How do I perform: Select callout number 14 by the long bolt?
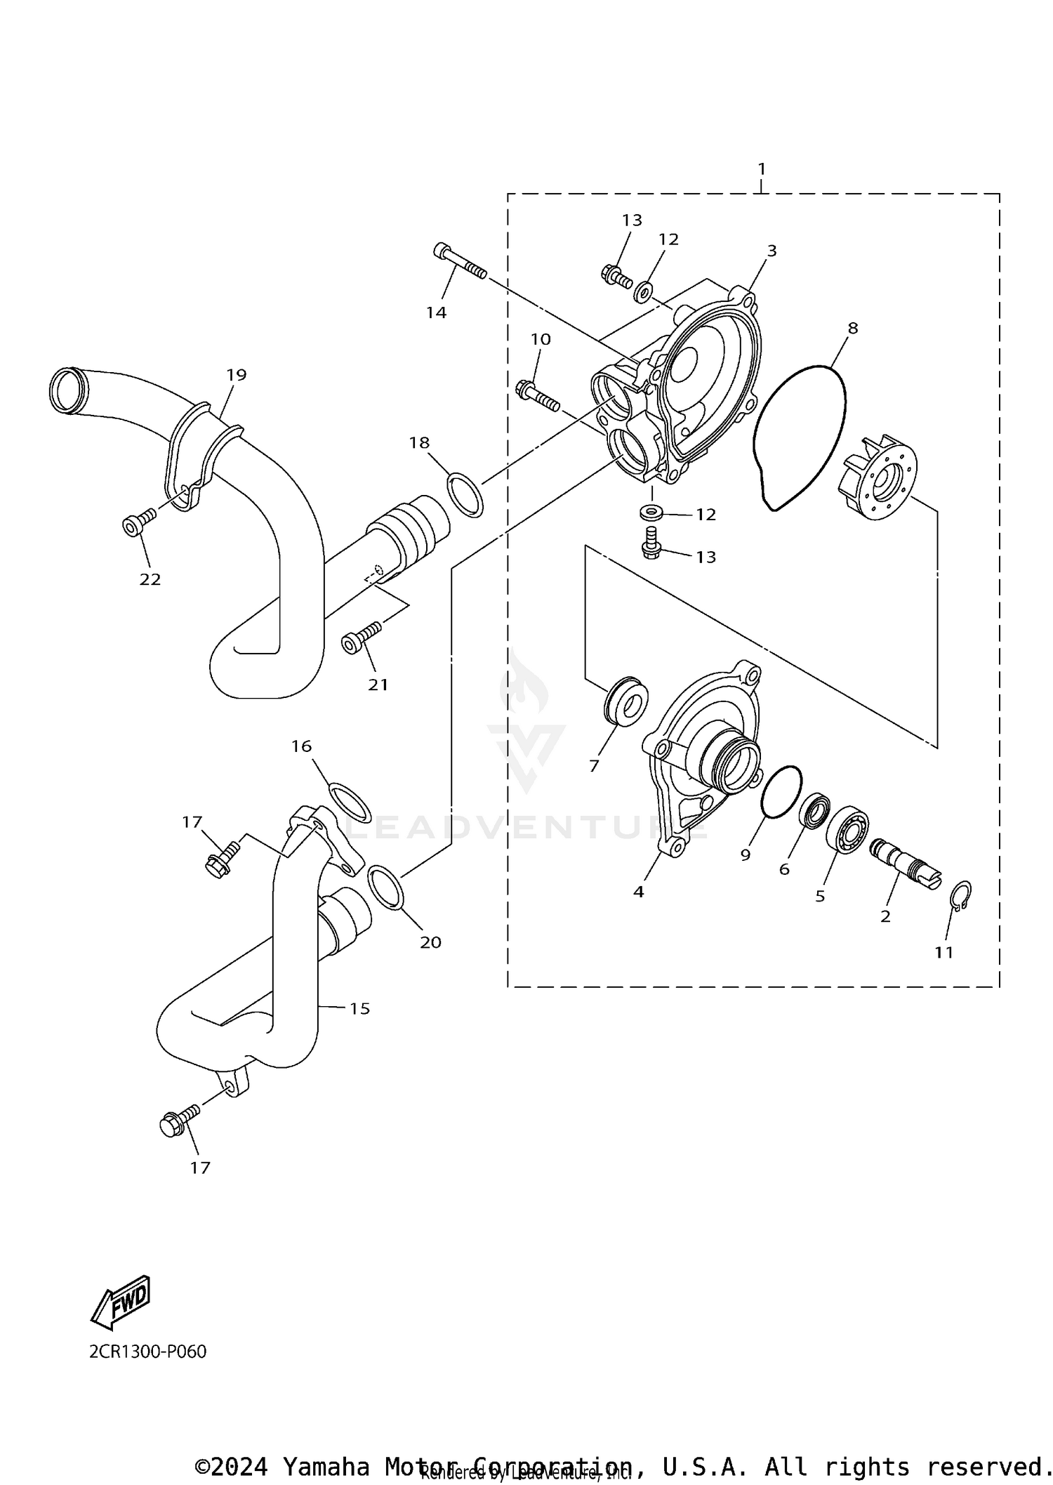(x=437, y=312)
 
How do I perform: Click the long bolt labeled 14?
(x=460, y=262)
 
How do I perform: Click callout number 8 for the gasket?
(x=853, y=328)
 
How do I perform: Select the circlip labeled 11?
(x=961, y=895)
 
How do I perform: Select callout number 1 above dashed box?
(x=762, y=169)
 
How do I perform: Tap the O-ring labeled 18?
(x=465, y=495)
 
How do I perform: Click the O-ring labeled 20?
(x=386, y=887)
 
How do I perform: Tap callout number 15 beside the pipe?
(x=359, y=1008)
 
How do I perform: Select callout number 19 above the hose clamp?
(x=237, y=374)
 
